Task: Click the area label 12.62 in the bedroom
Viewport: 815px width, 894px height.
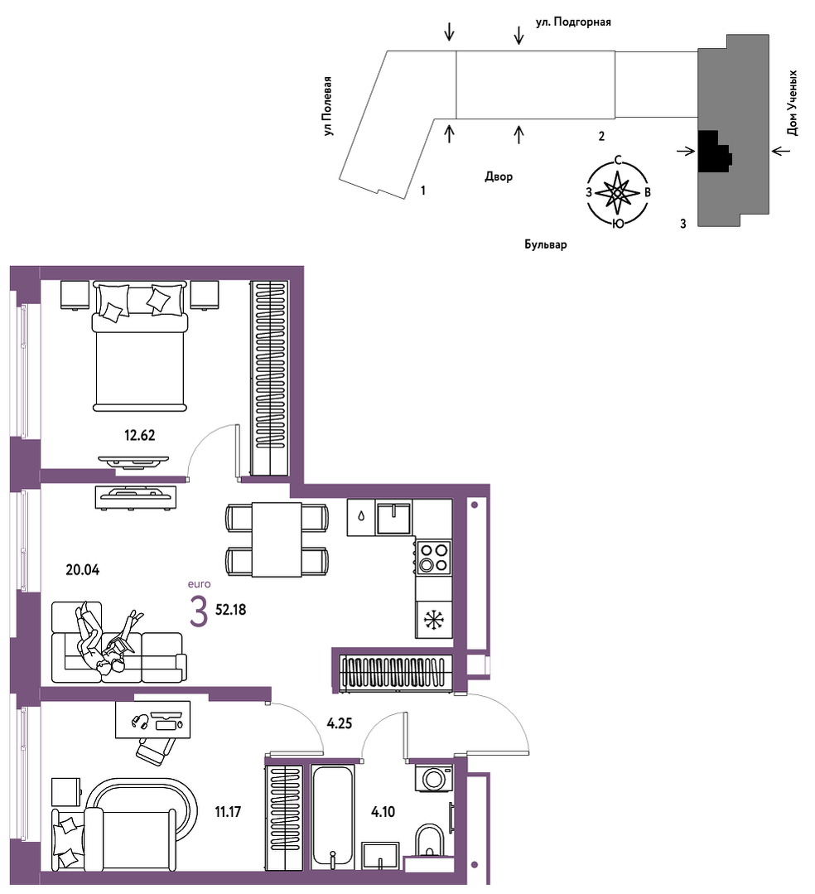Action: click(140, 436)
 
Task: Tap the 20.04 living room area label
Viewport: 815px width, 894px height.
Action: click(83, 569)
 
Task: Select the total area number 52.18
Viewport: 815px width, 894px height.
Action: click(231, 610)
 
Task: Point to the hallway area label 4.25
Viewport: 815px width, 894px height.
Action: click(339, 723)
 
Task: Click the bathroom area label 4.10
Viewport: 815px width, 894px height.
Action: click(383, 812)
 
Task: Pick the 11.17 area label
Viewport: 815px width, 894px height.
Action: click(228, 812)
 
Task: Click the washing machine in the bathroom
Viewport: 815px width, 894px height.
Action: click(434, 778)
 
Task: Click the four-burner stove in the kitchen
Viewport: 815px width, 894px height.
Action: click(434, 557)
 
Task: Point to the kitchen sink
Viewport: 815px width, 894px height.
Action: click(393, 518)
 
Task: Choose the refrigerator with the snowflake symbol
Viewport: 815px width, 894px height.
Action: click(434, 619)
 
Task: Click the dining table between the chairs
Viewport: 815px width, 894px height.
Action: click(277, 539)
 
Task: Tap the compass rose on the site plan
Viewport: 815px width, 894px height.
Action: click(618, 193)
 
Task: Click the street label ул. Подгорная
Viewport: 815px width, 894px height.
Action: click(573, 22)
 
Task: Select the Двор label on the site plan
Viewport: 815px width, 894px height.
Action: click(499, 176)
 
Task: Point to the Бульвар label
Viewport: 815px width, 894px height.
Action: click(546, 244)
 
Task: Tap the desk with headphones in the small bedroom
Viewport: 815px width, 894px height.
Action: click(152, 719)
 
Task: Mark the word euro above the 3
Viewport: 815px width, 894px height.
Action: click(200, 584)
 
